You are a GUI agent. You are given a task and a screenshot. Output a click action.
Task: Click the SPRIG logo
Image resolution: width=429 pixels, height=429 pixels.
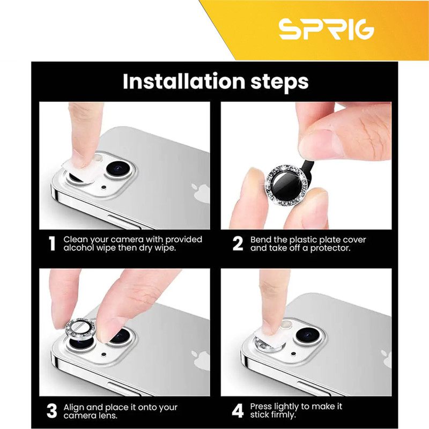(326, 29)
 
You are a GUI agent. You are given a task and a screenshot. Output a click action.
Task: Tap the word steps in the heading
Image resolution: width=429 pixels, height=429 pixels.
(279, 82)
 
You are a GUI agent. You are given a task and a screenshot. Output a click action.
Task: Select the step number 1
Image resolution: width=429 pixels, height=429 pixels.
(52, 243)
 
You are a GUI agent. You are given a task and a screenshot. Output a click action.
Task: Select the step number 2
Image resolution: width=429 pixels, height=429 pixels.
(238, 243)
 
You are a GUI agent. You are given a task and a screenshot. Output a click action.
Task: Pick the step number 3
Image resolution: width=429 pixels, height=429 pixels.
(51, 411)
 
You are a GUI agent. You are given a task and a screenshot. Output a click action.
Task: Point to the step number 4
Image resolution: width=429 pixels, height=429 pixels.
(238, 411)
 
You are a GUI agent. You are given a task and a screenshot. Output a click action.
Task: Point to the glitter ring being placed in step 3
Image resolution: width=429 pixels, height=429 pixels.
(80, 329)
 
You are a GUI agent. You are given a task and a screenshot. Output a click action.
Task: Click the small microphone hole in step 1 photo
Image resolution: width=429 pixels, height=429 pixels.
(103, 187)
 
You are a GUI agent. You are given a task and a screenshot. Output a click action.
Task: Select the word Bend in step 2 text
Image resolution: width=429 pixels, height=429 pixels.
(261, 240)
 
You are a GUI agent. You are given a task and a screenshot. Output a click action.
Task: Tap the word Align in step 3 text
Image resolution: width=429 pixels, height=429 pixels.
(75, 408)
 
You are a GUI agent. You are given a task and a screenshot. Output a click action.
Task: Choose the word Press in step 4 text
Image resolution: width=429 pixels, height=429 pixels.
(261, 406)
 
